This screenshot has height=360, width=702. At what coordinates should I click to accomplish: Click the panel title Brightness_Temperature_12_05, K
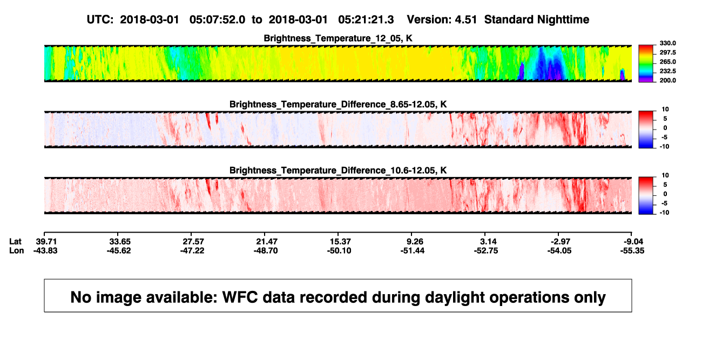pos(338,38)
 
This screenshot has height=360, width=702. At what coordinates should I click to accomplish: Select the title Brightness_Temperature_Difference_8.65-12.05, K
pos(338,104)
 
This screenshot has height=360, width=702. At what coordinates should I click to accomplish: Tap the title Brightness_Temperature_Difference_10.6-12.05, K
pos(338,171)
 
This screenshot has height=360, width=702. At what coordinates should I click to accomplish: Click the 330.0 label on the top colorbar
pos(667,43)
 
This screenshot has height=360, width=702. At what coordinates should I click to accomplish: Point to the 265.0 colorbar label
pos(667,62)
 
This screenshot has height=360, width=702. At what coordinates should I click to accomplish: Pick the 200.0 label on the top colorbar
pos(667,80)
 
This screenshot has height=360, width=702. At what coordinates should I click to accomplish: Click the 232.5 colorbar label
pos(667,71)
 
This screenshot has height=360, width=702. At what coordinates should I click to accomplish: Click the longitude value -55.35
pos(632,250)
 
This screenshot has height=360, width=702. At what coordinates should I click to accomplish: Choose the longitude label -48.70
pos(266,250)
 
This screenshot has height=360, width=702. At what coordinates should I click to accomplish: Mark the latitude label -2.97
pos(559,242)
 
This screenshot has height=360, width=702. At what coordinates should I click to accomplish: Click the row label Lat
pos(15,242)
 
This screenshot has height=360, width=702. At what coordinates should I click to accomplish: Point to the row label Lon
pos(17,250)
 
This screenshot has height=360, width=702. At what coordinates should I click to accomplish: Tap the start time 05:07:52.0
pos(217,20)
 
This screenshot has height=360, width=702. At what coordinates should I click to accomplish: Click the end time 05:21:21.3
pos(366,20)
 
